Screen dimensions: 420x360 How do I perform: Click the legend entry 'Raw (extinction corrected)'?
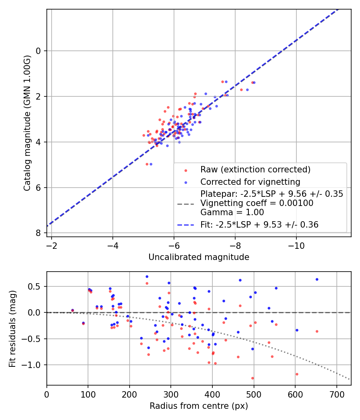click(255, 170)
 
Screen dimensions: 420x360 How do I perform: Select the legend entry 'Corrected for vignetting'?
click(250, 182)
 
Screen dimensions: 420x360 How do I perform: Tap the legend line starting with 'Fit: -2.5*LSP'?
click(259, 225)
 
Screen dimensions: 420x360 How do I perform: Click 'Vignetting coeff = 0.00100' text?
click(257, 203)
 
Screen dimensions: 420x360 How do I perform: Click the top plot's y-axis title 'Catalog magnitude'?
click(27, 123)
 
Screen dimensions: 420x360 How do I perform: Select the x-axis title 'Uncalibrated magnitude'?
click(199, 257)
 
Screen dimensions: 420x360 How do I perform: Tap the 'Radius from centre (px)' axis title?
click(199, 406)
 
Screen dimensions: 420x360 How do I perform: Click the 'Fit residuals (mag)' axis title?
click(12, 328)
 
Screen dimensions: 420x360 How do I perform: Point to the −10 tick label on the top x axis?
click(296, 244)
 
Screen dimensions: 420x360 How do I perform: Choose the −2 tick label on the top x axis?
click(52, 244)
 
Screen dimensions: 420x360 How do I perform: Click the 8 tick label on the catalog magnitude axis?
click(39, 233)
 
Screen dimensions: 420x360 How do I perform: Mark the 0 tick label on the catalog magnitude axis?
click(39, 51)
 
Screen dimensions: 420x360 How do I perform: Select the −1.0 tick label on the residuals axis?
click(34, 365)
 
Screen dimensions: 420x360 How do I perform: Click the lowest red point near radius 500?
click(252, 378)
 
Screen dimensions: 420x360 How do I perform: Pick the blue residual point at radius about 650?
click(317, 279)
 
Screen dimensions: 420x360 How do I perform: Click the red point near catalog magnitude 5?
click(147, 164)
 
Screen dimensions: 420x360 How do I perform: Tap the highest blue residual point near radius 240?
click(147, 276)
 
